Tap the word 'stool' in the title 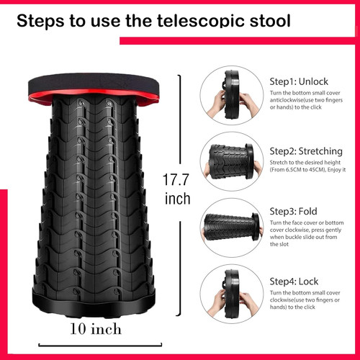click(270, 20)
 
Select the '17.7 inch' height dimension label click(177, 189)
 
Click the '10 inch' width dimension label click(96, 329)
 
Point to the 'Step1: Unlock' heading click(299, 81)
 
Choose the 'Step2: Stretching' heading click(306, 151)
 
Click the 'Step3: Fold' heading click(293, 211)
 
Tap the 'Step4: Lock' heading click(294, 282)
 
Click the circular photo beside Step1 click(232, 95)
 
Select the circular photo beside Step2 click(232, 161)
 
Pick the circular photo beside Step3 click(232, 228)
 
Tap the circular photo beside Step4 click(232, 294)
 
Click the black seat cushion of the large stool click(94, 84)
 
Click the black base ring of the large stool click(94, 304)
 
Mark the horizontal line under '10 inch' click(100, 346)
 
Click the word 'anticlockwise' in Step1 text click(287, 100)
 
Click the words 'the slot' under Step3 click(279, 244)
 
